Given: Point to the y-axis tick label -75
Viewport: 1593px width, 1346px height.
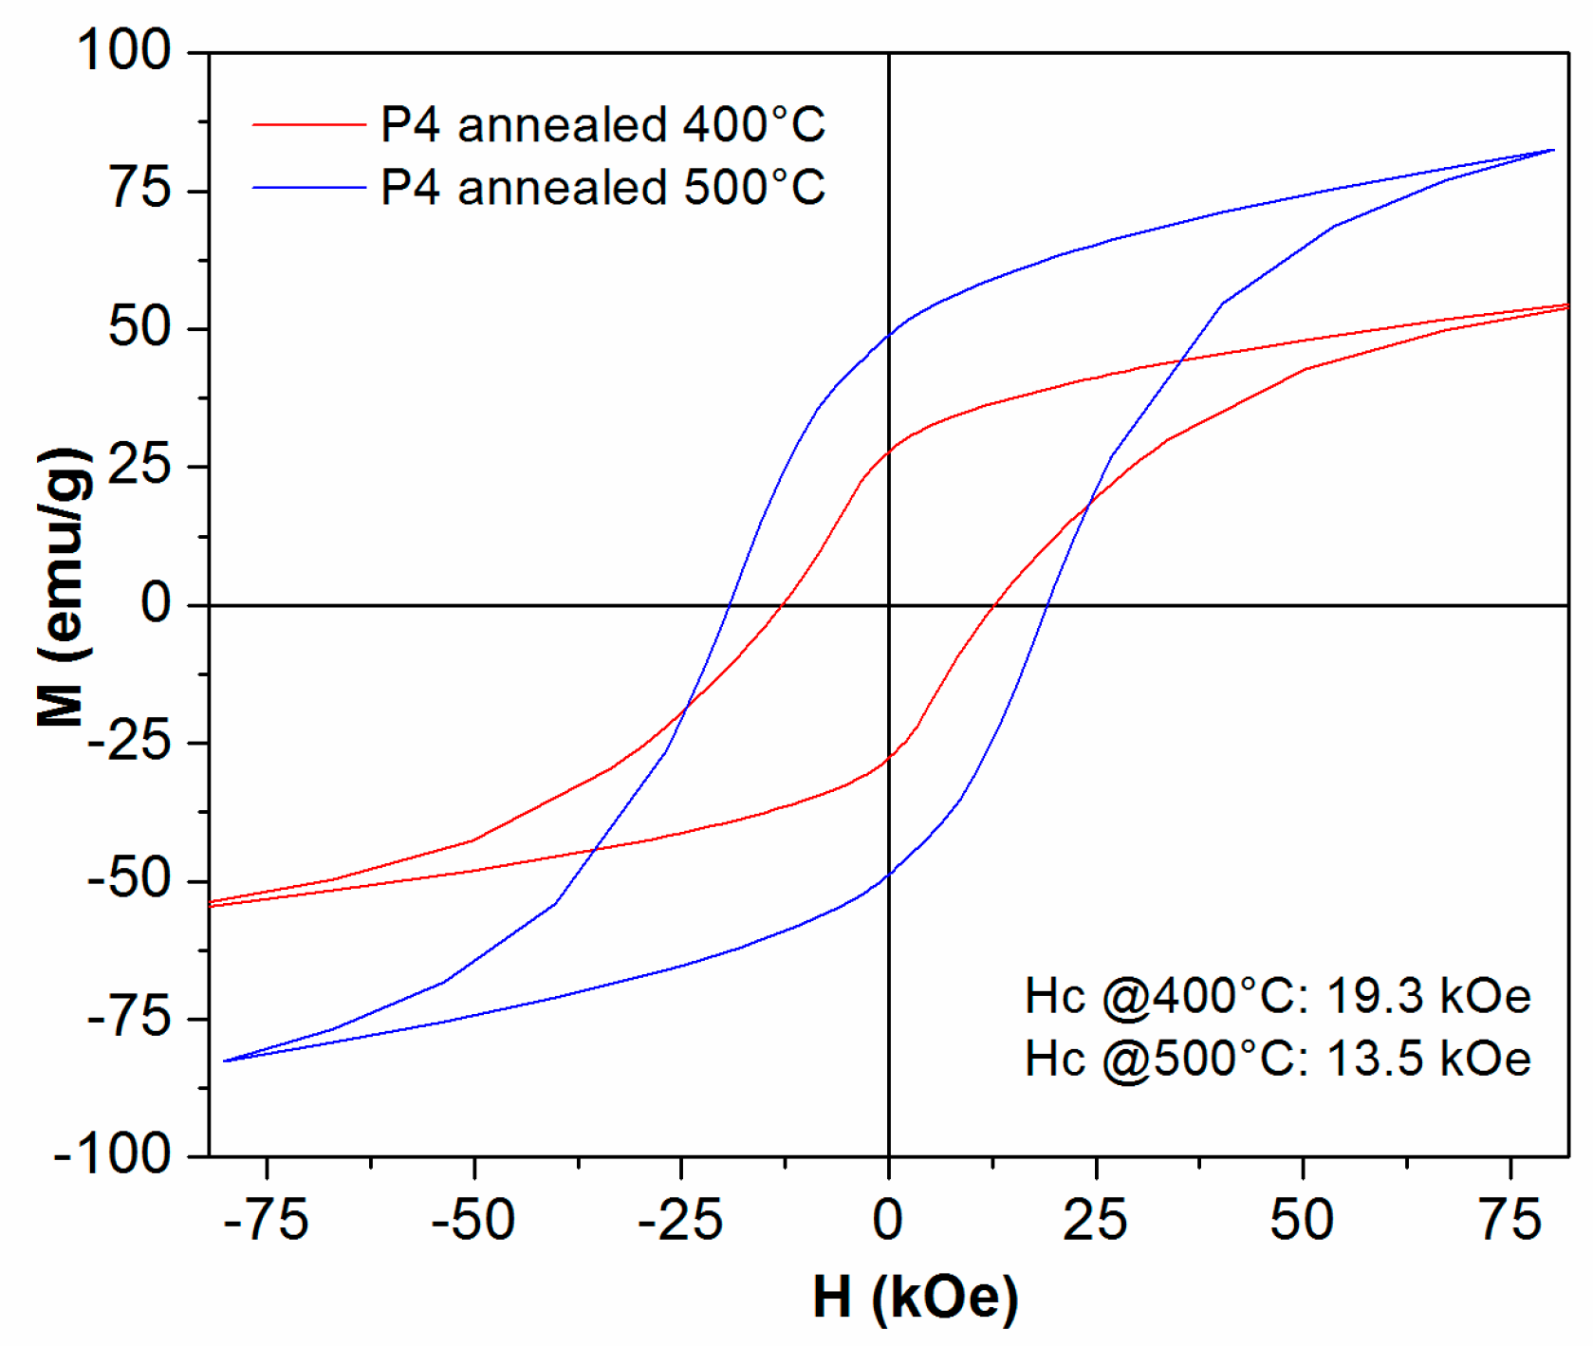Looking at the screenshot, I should point(129,1019).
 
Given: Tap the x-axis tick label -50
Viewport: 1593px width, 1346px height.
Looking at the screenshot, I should point(472,1220).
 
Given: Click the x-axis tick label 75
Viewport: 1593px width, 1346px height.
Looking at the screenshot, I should point(1510,1220).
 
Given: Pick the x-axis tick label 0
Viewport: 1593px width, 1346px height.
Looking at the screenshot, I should point(888,1220).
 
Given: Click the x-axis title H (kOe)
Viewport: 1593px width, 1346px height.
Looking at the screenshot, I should point(915,1298).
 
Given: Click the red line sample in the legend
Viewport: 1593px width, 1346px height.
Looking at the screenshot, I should point(309,124).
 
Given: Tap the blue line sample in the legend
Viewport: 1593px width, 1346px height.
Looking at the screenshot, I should point(309,187).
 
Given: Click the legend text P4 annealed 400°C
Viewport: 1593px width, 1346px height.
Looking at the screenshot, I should point(602,124).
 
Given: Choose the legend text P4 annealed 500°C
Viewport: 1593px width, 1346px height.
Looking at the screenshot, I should point(602,187).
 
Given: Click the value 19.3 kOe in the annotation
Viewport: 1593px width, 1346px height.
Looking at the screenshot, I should point(1428,996).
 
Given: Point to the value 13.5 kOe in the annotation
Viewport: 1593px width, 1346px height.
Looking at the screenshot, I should point(1428,1059).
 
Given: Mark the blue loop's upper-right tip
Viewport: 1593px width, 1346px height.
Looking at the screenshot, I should point(1552,150).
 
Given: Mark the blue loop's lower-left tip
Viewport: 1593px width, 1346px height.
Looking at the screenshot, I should point(226,1060).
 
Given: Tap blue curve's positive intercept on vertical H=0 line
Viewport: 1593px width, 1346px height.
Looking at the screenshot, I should point(889,334).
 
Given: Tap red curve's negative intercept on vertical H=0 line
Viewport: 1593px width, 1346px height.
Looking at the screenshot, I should point(889,758).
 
